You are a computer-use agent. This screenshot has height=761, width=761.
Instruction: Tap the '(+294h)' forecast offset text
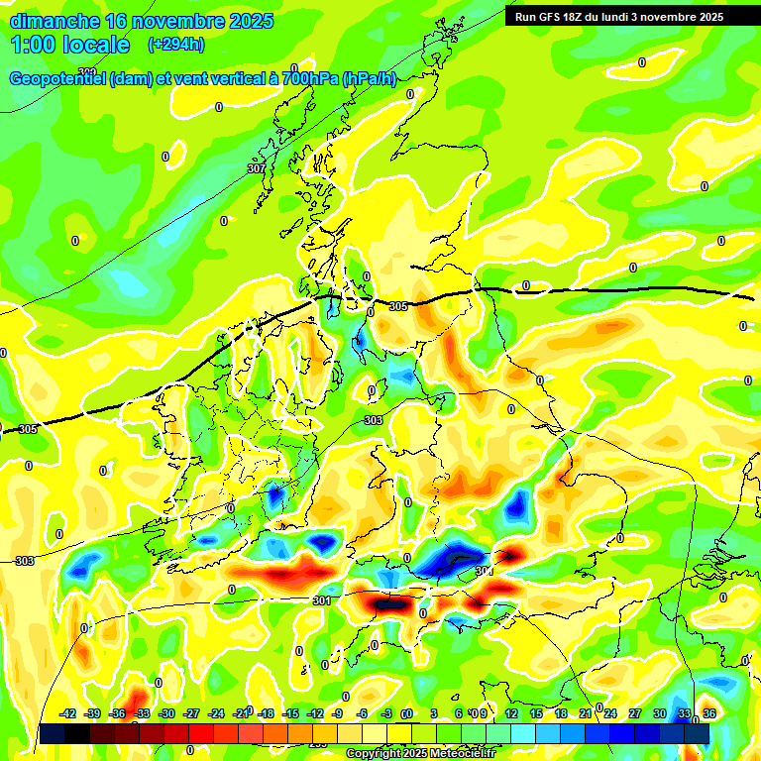click(x=176, y=45)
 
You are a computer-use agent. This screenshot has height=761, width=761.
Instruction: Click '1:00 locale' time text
click(x=69, y=45)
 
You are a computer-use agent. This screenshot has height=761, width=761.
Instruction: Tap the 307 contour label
click(x=256, y=168)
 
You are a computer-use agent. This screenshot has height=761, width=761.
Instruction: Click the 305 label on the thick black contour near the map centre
click(x=398, y=307)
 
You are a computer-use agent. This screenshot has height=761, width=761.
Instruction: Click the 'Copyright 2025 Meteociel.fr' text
click(x=420, y=754)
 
